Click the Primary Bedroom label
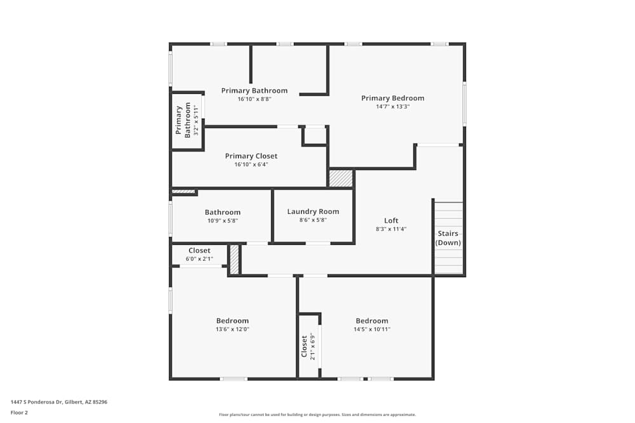pos(392,98)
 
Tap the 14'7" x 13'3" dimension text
pos(392,107)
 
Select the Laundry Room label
pos(313,212)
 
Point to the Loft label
pos(391,221)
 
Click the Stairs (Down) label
pos(448,238)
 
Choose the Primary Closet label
pos(251,156)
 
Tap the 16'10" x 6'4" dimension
pos(251,165)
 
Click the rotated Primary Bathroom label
pos(183,120)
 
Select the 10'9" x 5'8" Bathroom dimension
pos(222,221)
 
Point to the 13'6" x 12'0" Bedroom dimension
pos(232,329)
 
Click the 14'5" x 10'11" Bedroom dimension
pos(372,329)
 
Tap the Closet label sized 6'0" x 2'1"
pos(199,251)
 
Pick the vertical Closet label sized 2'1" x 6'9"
pos(304,346)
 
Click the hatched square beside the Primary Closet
pos(340,178)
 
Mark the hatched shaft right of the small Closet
pos(234,260)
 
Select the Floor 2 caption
pos(20,412)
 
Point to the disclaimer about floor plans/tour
pos(317,415)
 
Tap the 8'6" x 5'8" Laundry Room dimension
pos(313,221)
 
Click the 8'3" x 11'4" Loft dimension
pos(391,230)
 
